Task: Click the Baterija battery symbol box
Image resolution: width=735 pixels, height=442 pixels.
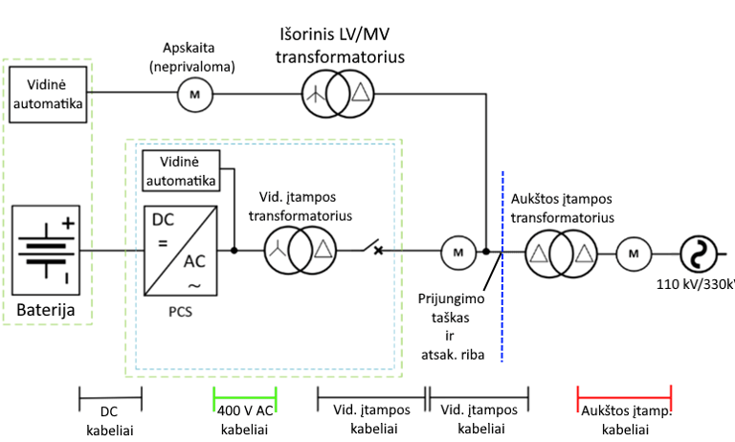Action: click(x=46, y=252)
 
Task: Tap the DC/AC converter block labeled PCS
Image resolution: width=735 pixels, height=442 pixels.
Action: click(x=187, y=251)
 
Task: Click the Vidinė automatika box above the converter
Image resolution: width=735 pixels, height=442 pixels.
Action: click(x=179, y=169)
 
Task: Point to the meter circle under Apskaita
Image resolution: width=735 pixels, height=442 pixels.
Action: click(x=194, y=93)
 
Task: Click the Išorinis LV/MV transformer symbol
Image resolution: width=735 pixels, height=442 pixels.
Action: click(x=336, y=93)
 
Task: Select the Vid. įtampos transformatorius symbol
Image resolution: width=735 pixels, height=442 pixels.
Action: click(x=301, y=252)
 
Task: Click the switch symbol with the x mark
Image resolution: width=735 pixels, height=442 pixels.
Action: click(x=376, y=251)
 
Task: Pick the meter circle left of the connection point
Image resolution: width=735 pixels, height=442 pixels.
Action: click(x=457, y=253)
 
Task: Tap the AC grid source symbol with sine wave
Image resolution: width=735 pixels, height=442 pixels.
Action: click(x=698, y=254)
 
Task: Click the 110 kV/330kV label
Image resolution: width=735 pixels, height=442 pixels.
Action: click(x=696, y=283)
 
